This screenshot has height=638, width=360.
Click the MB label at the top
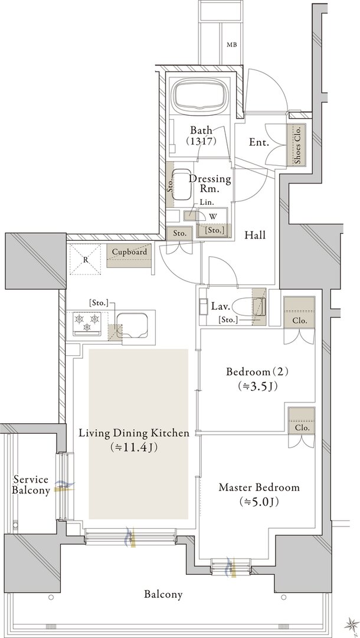pos(232,45)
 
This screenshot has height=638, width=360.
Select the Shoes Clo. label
pos(298,145)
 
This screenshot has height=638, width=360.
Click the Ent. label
pos(258,142)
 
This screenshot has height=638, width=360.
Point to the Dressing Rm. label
pos(210,184)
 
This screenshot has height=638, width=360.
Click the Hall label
pos(255,235)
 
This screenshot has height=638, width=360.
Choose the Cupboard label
pos(129,252)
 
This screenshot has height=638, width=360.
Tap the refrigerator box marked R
pos(86,259)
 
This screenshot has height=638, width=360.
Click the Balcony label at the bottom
pos(163,594)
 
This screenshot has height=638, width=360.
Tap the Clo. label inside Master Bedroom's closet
pos(302,428)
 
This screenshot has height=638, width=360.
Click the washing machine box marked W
pos(213,217)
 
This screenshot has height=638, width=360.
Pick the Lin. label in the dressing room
pos(204,202)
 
